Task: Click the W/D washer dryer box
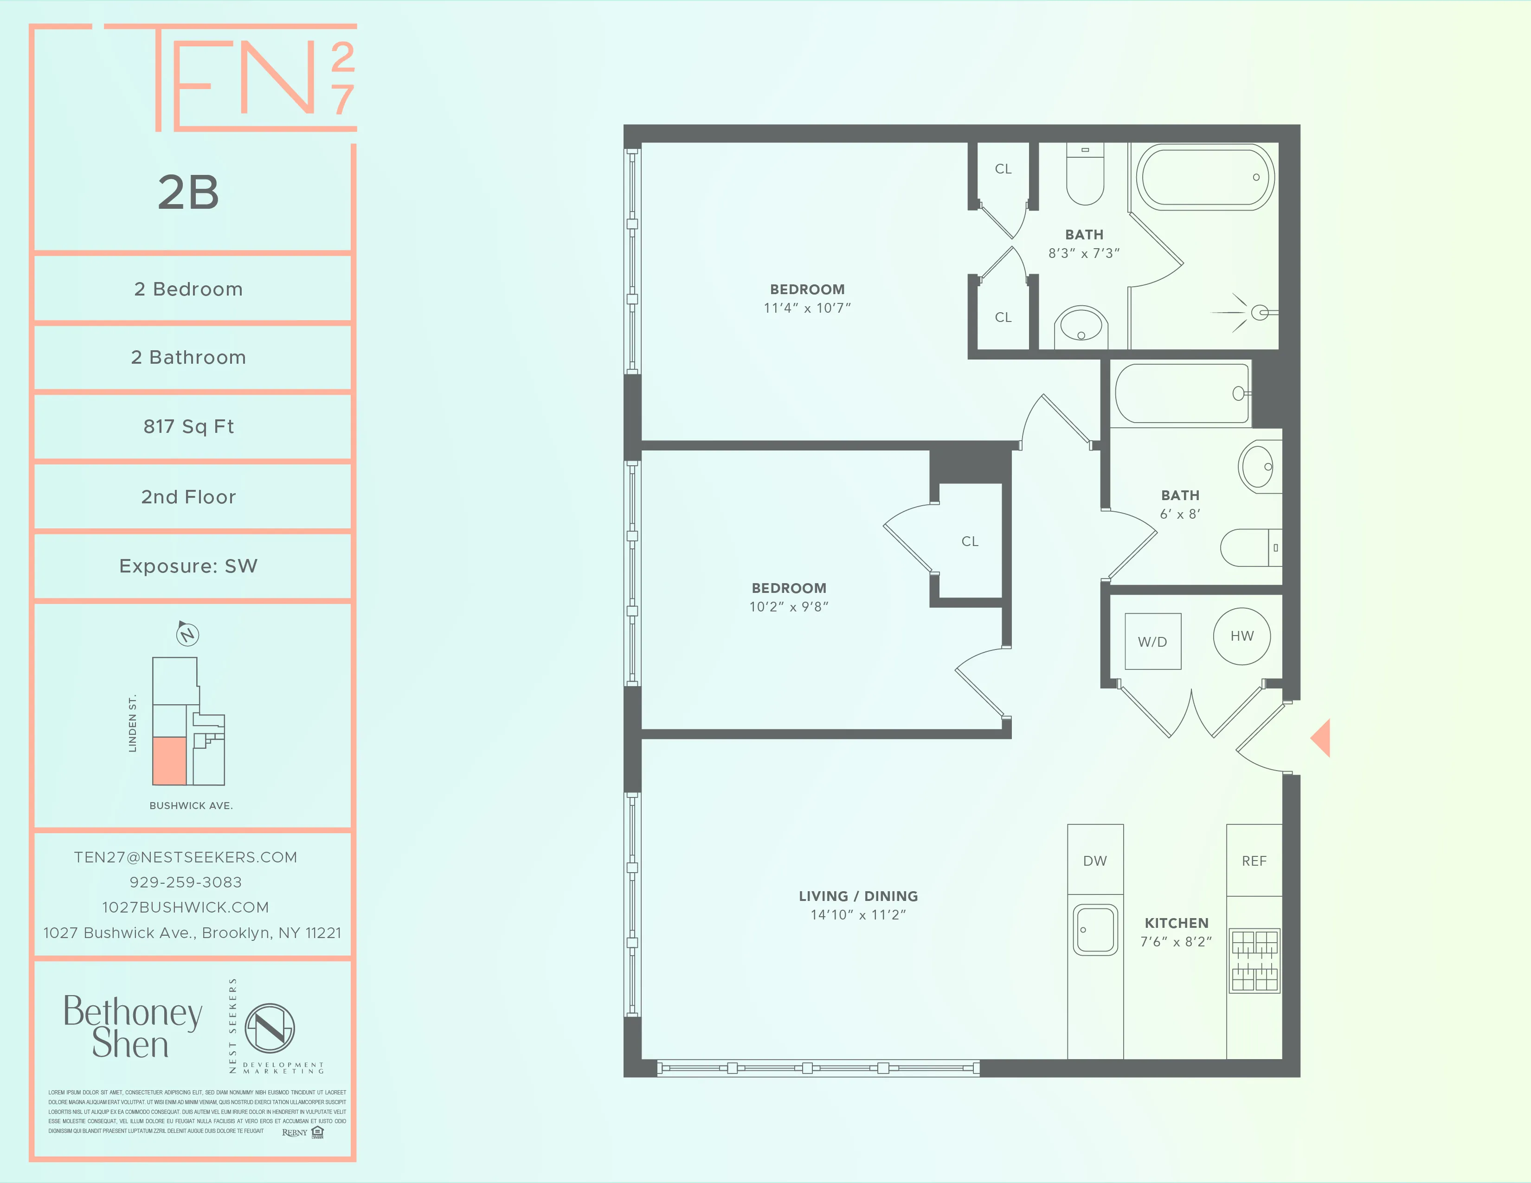coord(1152,641)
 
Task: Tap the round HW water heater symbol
coord(1242,636)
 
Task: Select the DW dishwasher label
coord(1094,861)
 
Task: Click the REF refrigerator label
coord(1254,861)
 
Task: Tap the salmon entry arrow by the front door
coord(1321,737)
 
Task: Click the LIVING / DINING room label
coord(858,896)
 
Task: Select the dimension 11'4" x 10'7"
coord(807,308)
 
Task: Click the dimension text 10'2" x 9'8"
coord(789,607)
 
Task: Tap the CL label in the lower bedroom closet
coord(970,541)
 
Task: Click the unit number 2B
coord(188,192)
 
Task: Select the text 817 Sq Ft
coord(188,426)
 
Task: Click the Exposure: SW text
coord(188,566)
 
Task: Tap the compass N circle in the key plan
coord(187,635)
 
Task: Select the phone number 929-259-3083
coord(186,881)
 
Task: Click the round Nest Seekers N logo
coord(270,1028)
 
